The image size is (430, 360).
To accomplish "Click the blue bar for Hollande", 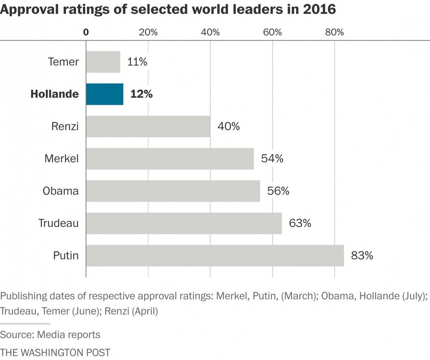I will point(105,94).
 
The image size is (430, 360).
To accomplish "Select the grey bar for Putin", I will point(215,256).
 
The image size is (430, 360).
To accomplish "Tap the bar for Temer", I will point(103,62).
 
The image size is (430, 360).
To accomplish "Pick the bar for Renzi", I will point(148,126).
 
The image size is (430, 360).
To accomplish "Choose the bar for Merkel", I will point(170,159).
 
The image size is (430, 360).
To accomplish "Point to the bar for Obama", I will point(173,191).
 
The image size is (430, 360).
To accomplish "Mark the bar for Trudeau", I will point(184,223).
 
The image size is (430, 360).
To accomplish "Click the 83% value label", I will point(362,256).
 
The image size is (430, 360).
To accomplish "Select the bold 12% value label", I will point(142,94).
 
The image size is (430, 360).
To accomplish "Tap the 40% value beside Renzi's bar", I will point(228,126).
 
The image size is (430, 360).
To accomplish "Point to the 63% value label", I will point(300,223).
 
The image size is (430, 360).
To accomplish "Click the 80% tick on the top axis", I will point(334,32).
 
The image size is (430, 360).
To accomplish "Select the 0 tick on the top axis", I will point(86,32).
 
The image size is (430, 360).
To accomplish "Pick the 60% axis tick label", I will point(272,32).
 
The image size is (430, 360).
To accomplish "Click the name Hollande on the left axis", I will point(54,94).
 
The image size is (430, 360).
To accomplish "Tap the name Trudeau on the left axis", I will point(59,223).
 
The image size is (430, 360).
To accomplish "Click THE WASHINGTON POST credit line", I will point(55,352).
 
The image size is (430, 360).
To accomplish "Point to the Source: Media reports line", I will point(50,334).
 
